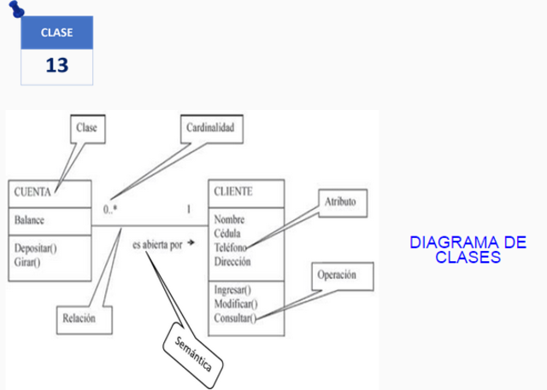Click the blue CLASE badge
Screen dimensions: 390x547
(56, 32)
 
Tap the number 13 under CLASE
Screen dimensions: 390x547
(56, 66)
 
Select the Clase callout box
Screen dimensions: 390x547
(86, 128)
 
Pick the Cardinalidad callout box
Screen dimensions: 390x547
(209, 128)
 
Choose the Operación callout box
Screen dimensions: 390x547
(336, 276)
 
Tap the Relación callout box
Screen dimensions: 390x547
(78, 318)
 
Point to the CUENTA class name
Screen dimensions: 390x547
(32, 192)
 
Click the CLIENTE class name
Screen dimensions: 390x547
(233, 191)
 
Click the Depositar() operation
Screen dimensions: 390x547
(35, 248)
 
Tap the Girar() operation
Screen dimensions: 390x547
(28, 262)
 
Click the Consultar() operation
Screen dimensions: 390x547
(236, 317)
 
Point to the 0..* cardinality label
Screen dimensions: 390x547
(109, 208)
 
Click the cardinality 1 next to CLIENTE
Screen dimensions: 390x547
(188, 208)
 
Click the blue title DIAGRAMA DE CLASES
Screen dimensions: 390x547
(467, 249)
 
